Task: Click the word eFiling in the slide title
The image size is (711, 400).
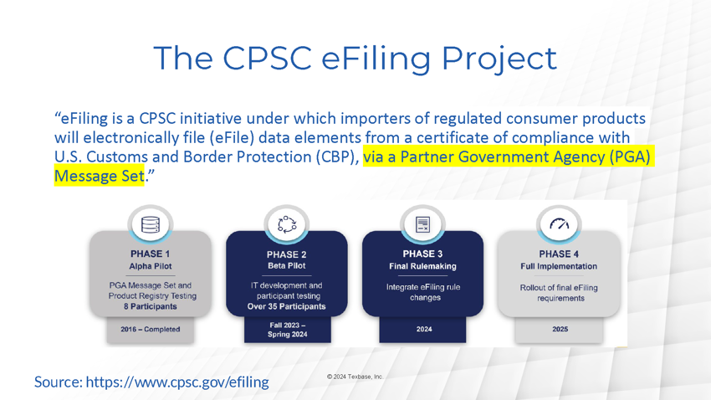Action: pos(376,59)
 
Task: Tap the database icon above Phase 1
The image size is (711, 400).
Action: pos(151,224)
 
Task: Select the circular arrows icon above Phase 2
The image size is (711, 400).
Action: pos(287,224)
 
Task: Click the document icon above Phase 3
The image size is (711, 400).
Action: pos(422,224)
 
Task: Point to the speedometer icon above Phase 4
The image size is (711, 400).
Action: pos(559,223)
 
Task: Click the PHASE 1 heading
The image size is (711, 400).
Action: pos(150,254)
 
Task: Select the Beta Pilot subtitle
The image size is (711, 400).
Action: pos(287,266)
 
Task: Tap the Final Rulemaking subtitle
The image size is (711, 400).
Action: pos(422,266)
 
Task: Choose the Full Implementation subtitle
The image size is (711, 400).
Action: pos(559,266)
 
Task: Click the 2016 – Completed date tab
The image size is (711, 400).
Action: pos(151,329)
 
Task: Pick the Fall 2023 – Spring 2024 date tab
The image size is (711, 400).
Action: pos(288,330)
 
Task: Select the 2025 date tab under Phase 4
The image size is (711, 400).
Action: pos(559,329)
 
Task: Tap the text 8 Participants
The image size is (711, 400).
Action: pos(150,306)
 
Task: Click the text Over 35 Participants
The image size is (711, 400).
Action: pos(287,306)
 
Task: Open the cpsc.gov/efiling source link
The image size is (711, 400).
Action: pos(177,382)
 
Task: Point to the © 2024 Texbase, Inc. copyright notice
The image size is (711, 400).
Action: pos(355,377)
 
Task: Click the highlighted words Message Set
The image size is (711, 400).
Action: pos(100,176)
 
